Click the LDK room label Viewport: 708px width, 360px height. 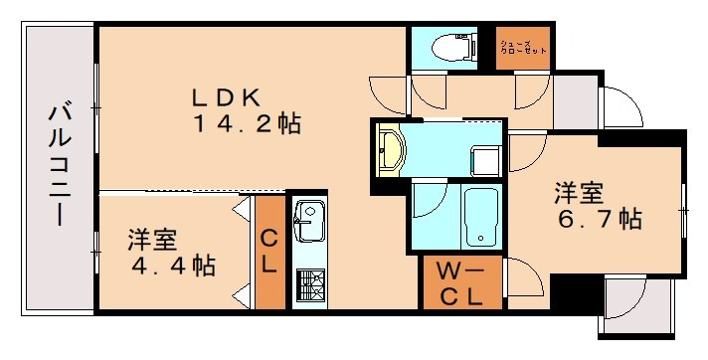(227, 98)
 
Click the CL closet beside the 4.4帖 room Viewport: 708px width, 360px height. (268, 253)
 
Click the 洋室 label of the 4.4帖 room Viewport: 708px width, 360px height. (152, 241)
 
